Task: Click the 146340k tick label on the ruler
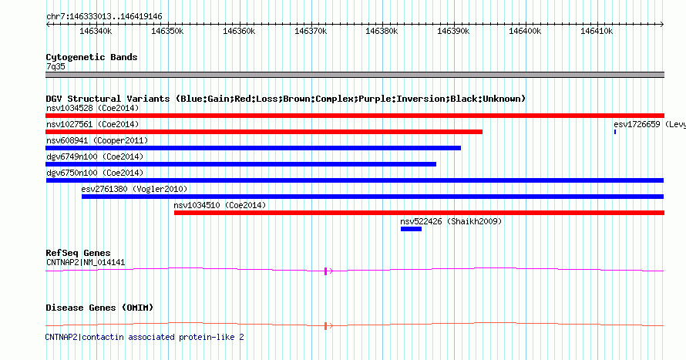pos(96,32)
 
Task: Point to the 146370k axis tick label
pos(311,32)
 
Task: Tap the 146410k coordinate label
pos(597,32)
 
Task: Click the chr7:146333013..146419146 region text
pos(104,16)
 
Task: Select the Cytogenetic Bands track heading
pos(92,57)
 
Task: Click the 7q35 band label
pos(55,66)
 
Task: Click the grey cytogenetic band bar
pos(355,75)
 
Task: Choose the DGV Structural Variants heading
pos(285,99)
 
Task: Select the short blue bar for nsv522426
pos(411,229)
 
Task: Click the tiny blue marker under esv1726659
pos(615,132)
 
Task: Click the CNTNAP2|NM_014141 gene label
pos(85,262)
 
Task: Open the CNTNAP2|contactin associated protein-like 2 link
pos(144,337)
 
